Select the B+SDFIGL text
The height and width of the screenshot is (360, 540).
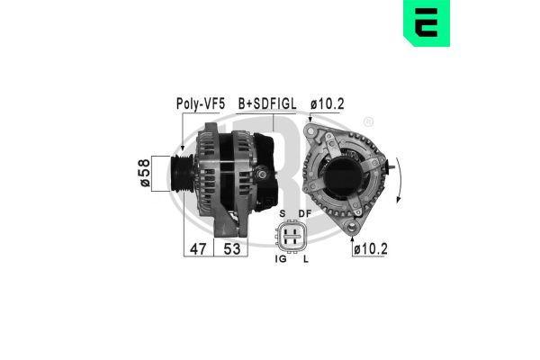click(267, 104)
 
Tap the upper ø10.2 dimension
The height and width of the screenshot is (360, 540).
click(328, 104)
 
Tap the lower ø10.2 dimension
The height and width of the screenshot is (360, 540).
click(369, 248)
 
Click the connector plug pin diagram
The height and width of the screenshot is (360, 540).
click(292, 237)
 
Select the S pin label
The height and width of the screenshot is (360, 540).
click(282, 214)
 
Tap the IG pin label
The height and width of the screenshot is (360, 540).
click(280, 259)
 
